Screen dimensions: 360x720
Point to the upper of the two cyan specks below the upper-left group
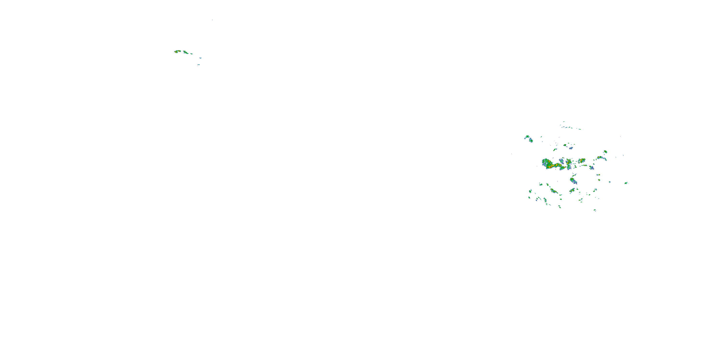point(200,58)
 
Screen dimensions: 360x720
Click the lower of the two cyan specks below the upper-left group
point(198,65)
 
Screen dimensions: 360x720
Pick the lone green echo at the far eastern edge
point(626,183)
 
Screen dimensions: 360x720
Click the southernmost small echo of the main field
point(594,210)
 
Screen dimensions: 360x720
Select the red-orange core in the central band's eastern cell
point(582,160)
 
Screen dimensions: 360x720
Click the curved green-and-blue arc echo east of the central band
point(601,158)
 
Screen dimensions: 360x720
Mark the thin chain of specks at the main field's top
point(570,128)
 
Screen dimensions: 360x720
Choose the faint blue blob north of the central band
point(571,148)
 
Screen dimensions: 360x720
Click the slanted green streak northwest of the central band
point(555,150)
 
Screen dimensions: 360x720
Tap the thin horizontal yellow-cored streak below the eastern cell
point(584,165)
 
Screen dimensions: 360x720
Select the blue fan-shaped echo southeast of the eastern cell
point(591,168)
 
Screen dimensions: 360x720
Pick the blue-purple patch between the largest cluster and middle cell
point(562,161)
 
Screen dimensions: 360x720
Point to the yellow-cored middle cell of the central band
point(569,162)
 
